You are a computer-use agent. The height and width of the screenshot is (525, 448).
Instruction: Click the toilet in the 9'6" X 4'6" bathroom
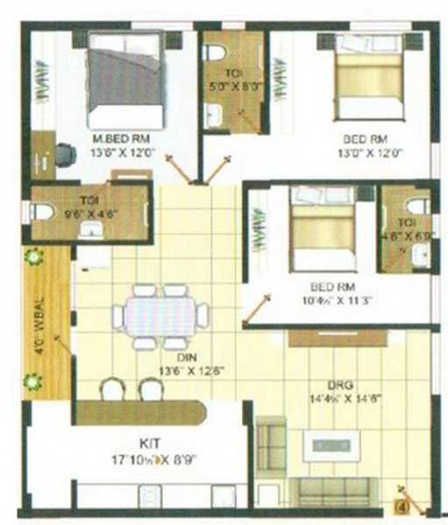(41, 212)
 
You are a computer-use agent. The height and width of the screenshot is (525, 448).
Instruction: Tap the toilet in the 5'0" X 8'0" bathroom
(214, 52)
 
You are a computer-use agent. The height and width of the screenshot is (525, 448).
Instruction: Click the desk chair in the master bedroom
(65, 155)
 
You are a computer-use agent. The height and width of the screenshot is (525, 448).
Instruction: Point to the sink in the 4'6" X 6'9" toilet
(419, 254)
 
